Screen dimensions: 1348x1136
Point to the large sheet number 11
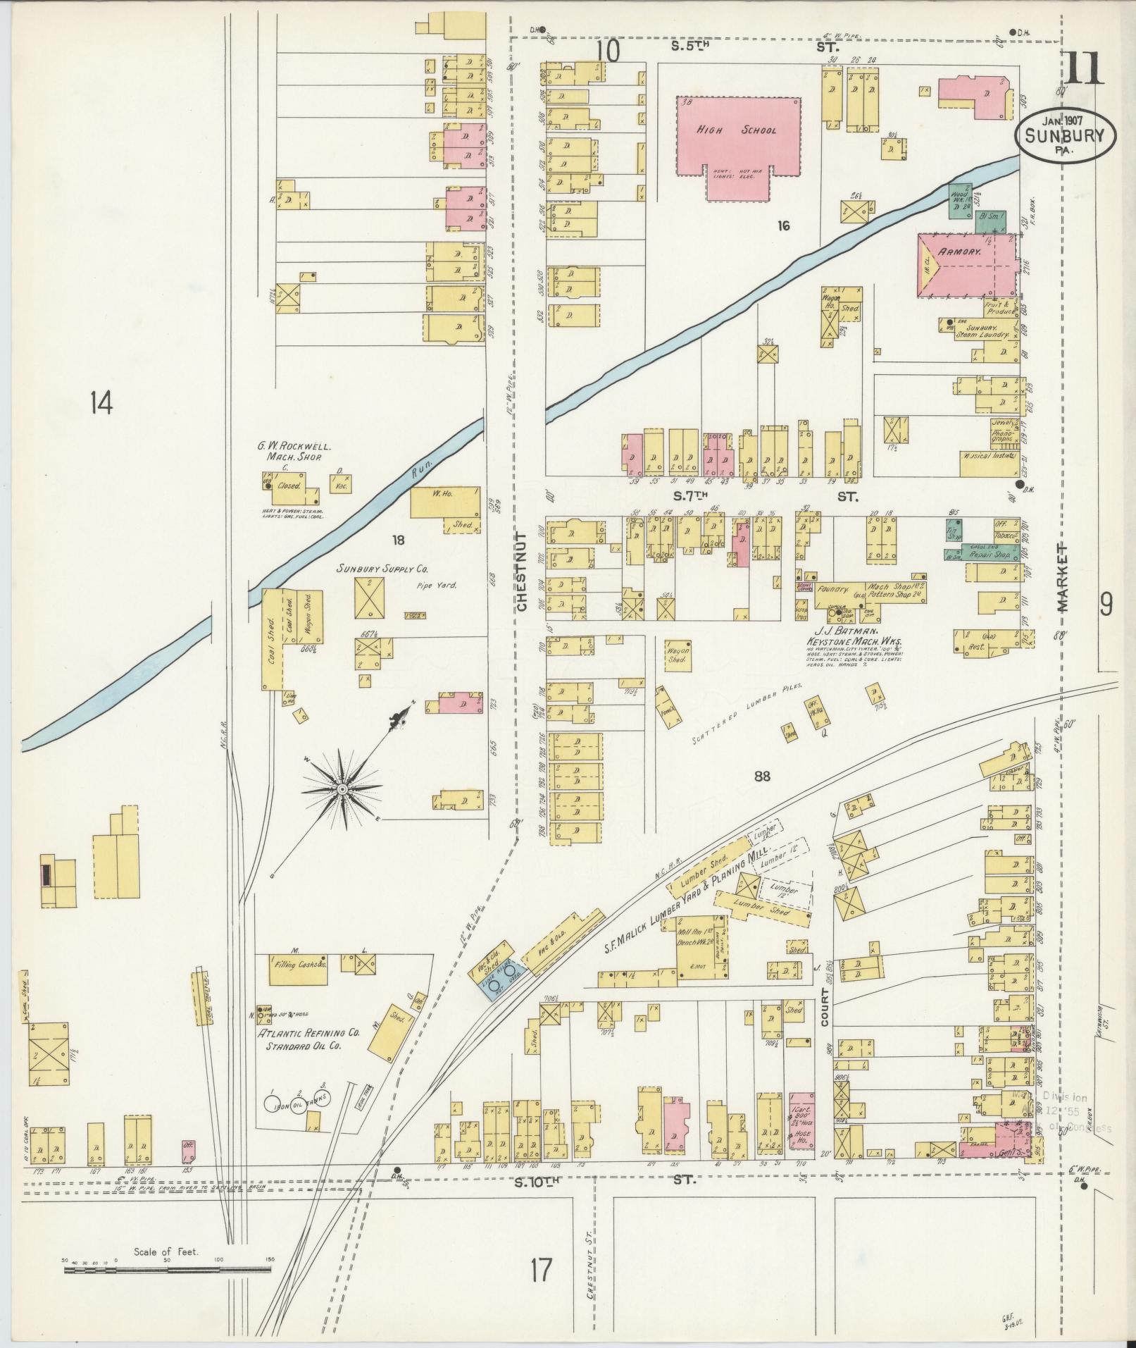(x=1082, y=69)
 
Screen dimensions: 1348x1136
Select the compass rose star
(x=342, y=789)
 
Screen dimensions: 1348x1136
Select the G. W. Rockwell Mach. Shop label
(x=293, y=452)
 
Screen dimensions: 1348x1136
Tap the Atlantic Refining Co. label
(x=308, y=1051)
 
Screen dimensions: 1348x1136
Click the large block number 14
(x=101, y=404)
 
